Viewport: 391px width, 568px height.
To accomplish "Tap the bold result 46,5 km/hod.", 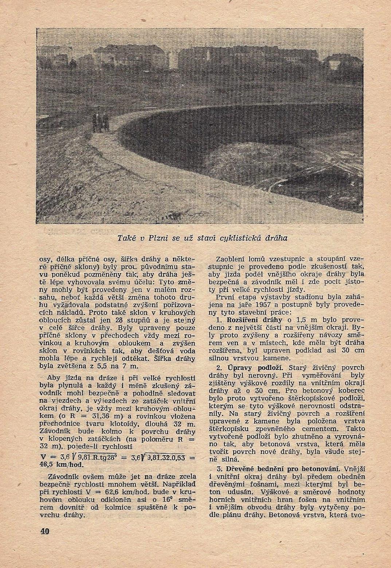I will (61, 465).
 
